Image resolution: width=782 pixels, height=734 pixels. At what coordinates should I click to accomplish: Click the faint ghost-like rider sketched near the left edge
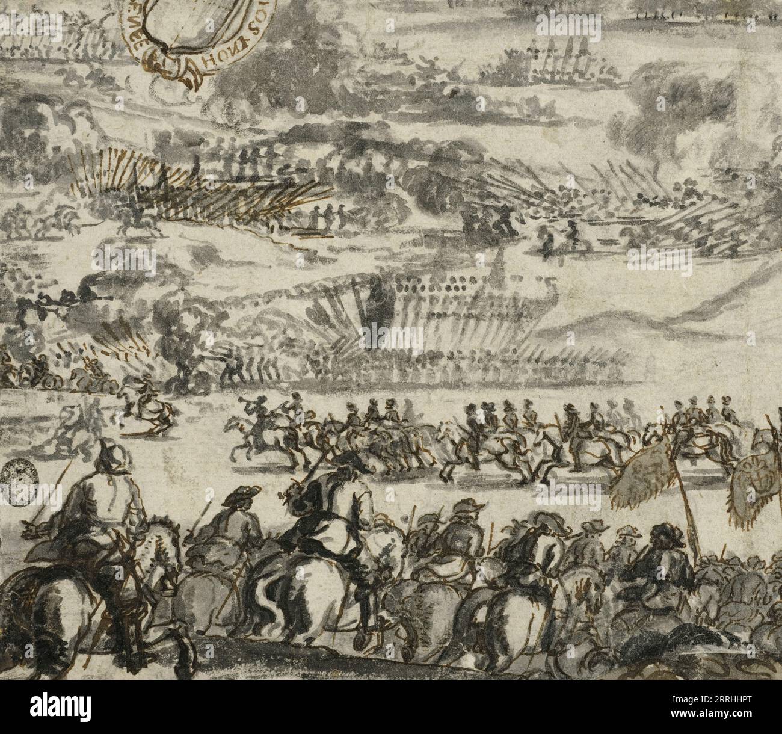click(x=90, y=415)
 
